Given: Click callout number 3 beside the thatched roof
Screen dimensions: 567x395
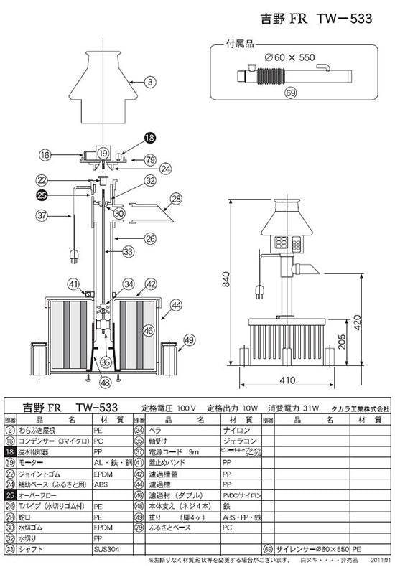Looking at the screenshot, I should click(x=150, y=83).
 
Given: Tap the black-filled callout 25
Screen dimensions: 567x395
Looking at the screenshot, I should click(x=42, y=195).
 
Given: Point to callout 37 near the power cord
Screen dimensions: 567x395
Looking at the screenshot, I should click(x=42, y=215).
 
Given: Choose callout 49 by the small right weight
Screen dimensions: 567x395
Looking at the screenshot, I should click(x=189, y=339).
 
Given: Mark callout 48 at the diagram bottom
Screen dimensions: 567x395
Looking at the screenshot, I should click(x=106, y=383).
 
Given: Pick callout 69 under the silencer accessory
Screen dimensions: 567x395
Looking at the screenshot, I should click(x=290, y=93).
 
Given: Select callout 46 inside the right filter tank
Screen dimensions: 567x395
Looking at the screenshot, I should click(x=148, y=331).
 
